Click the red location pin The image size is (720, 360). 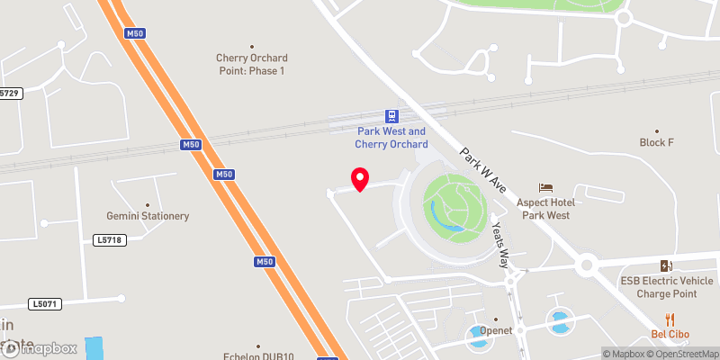click(x=359, y=179)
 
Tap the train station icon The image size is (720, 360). click(x=391, y=115)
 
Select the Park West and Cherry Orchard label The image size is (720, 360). click(x=391, y=138)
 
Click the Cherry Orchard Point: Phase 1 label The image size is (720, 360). click(x=251, y=64)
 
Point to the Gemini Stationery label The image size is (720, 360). click(x=148, y=216)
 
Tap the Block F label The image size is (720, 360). click(x=656, y=142)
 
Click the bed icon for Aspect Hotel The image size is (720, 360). click(x=545, y=187)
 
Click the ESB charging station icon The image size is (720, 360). click(x=665, y=265)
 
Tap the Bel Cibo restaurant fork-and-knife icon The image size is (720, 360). click(x=669, y=319)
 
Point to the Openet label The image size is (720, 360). click(x=495, y=330)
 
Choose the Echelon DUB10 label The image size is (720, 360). click(x=258, y=355)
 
